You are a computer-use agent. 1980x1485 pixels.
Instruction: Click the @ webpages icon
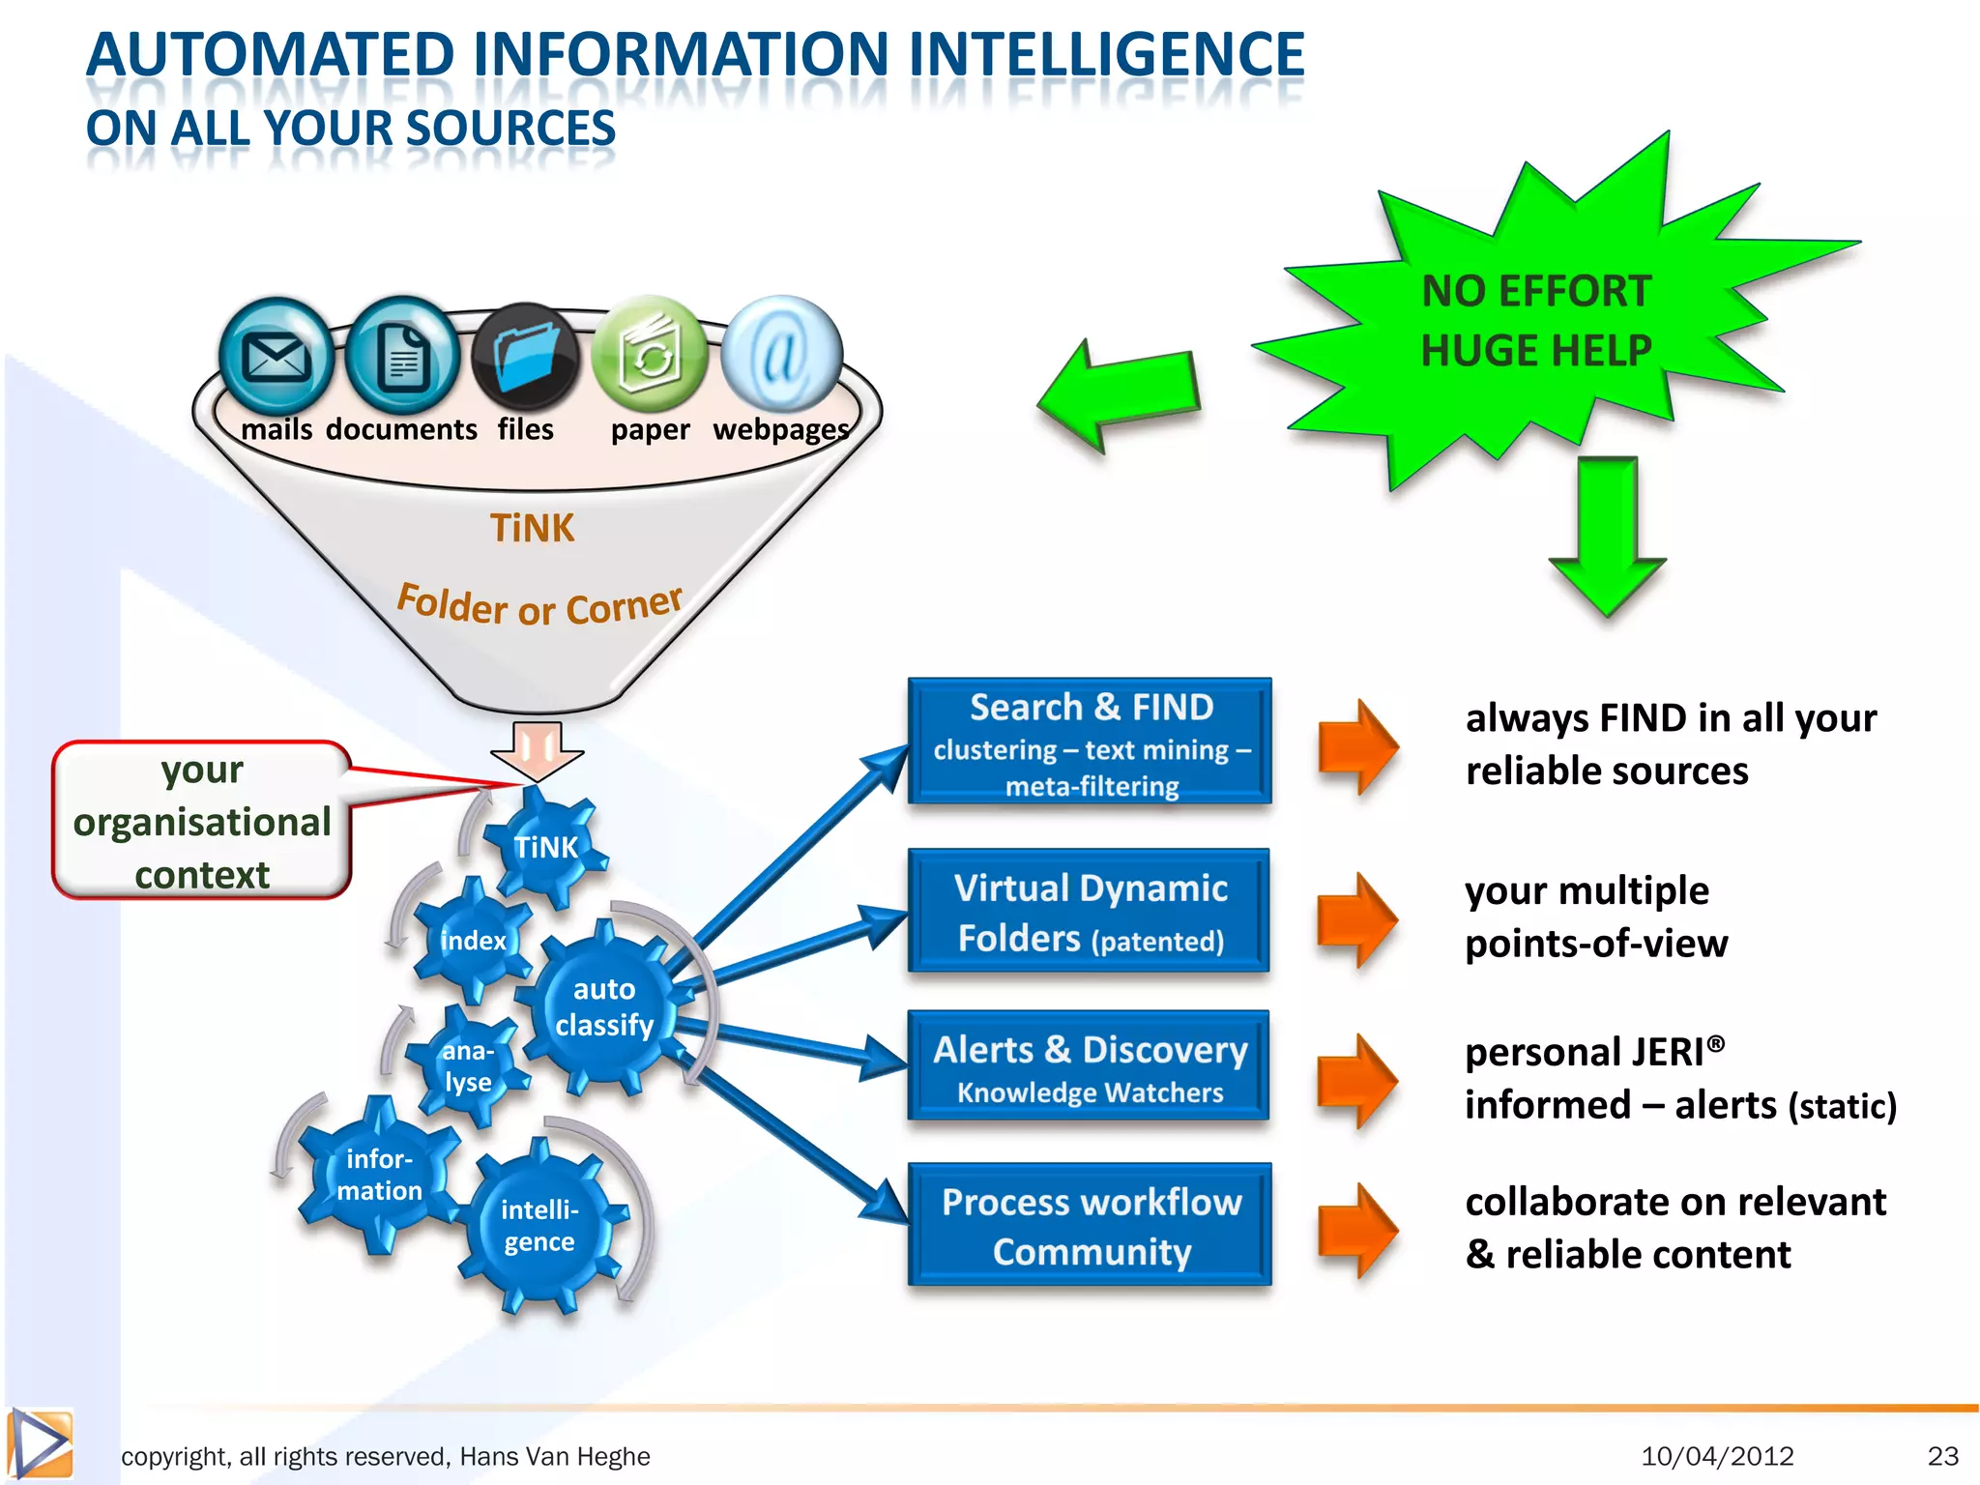click(781, 355)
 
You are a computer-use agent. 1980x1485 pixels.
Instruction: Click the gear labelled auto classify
click(604, 1007)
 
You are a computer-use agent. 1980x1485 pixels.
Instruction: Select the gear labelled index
click(473, 941)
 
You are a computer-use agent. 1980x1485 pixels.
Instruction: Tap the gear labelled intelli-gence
click(539, 1226)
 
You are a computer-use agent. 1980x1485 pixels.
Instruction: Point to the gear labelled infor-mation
click(379, 1175)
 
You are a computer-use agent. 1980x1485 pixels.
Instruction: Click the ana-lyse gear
click(468, 1066)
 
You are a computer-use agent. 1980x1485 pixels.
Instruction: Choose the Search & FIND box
click(1090, 742)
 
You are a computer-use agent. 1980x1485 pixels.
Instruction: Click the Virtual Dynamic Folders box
click(1090, 912)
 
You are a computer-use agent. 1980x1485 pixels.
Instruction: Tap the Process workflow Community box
click(1090, 1225)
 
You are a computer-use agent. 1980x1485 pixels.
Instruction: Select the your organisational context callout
click(202, 822)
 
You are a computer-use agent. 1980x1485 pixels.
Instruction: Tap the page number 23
click(1942, 1456)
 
